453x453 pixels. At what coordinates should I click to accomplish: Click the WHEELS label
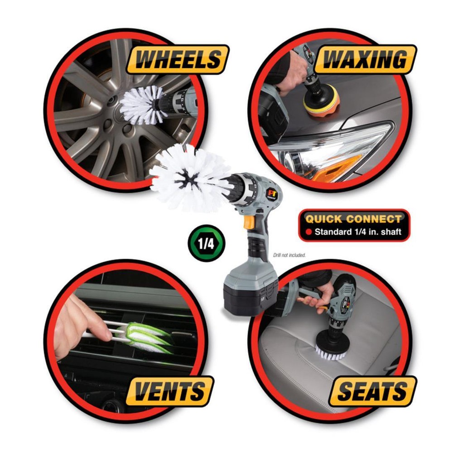click(x=177, y=59)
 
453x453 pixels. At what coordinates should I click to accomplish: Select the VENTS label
click(x=169, y=391)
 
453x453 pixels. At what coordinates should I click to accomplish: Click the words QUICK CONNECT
click(x=353, y=220)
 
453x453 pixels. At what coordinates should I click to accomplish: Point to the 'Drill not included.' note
click(x=289, y=255)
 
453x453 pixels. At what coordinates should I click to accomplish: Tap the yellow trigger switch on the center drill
click(x=249, y=222)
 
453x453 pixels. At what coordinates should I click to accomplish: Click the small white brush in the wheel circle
click(x=141, y=105)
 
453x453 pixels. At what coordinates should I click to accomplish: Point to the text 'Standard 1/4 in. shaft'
click(x=358, y=233)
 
